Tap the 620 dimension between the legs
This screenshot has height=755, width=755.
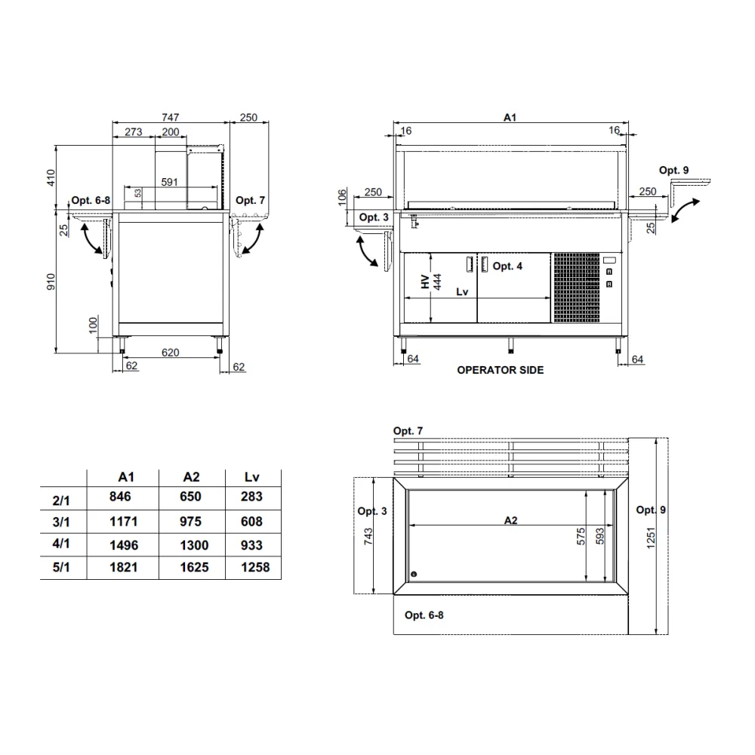tap(170, 352)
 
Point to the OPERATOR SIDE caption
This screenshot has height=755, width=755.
tap(501, 370)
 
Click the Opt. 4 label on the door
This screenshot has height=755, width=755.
tap(507, 266)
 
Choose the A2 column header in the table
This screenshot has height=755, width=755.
tap(192, 477)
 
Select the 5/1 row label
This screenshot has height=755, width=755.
tap(61, 568)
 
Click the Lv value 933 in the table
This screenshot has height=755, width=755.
tap(252, 544)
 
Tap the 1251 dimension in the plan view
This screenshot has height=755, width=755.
tap(651, 537)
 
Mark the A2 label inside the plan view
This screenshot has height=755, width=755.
tap(510, 519)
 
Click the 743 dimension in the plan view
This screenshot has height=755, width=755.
tap(368, 536)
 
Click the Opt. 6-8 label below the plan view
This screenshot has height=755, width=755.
tap(424, 615)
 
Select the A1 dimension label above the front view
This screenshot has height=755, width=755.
tap(510, 117)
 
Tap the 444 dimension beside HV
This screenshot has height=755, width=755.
tap(437, 282)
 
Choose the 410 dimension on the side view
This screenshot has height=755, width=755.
tap(51, 178)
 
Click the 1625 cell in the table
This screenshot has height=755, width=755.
tap(194, 568)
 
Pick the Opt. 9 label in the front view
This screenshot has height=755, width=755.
tap(673, 171)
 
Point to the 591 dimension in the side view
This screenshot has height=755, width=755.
tap(169, 182)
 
